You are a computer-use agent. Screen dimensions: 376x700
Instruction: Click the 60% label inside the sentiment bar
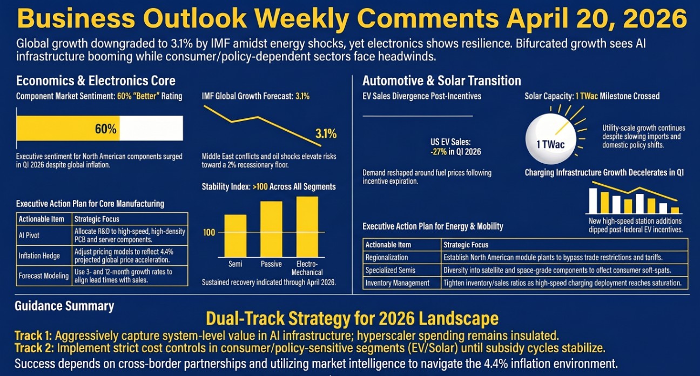[x=105, y=129]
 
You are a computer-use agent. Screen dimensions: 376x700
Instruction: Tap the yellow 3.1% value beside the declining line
[x=326, y=133]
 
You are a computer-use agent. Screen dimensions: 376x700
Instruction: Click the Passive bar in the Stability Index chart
[x=271, y=229]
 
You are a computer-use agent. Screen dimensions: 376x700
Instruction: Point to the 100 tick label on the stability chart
[x=209, y=232]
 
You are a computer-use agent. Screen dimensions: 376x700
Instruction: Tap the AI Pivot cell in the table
[x=29, y=236]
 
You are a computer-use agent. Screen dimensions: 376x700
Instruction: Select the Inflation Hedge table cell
[x=39, y=256]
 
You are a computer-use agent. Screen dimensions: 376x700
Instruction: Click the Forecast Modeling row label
[x=43, y=276]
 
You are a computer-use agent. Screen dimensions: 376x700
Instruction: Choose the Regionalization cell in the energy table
[x=387, y=257]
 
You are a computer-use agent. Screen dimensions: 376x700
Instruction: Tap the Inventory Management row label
[x=398, y=283]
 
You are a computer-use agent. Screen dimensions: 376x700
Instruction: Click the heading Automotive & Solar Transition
[x=441, y=81]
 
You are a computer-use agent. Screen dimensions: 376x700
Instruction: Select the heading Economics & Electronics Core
[x=96, y=81]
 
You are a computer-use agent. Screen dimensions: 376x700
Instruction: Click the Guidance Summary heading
[x=64, y=306]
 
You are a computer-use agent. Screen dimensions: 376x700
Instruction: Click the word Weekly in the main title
[x=297, y=19]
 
